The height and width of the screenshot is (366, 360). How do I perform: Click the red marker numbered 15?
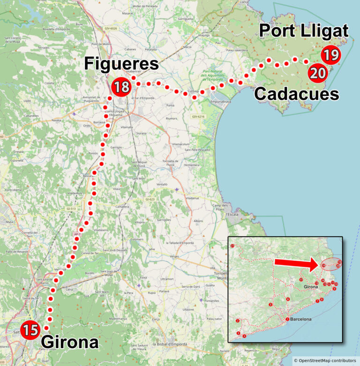pyautogui.click(x=30, y=330)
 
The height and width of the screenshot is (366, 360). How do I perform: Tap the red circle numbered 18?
pyautogui.click(x=121, y=86)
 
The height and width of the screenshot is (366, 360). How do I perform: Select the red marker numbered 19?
pyautogui.click(x=330, y=55)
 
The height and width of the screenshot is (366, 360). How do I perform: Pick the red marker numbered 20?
pyautogui.click(x=318, y=73)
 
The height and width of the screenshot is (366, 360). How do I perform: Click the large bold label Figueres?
pyautogui.click(x=121, y=64)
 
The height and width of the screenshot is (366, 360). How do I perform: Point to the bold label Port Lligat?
pyautogui.click(x=304, y=31)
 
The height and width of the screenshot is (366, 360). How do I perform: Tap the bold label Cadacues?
pyautogui.click(x=296, y=94)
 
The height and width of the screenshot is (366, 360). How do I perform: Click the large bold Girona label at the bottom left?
pyautogui.click(x=70, y=342)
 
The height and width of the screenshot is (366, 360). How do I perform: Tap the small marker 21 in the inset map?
pyautogui.click(x=233, y=246)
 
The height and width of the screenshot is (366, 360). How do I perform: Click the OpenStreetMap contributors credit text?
pyautogui.click(x=324, y=360)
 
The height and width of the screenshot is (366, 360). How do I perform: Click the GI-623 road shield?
pyautogui.click(x=150, y=199)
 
